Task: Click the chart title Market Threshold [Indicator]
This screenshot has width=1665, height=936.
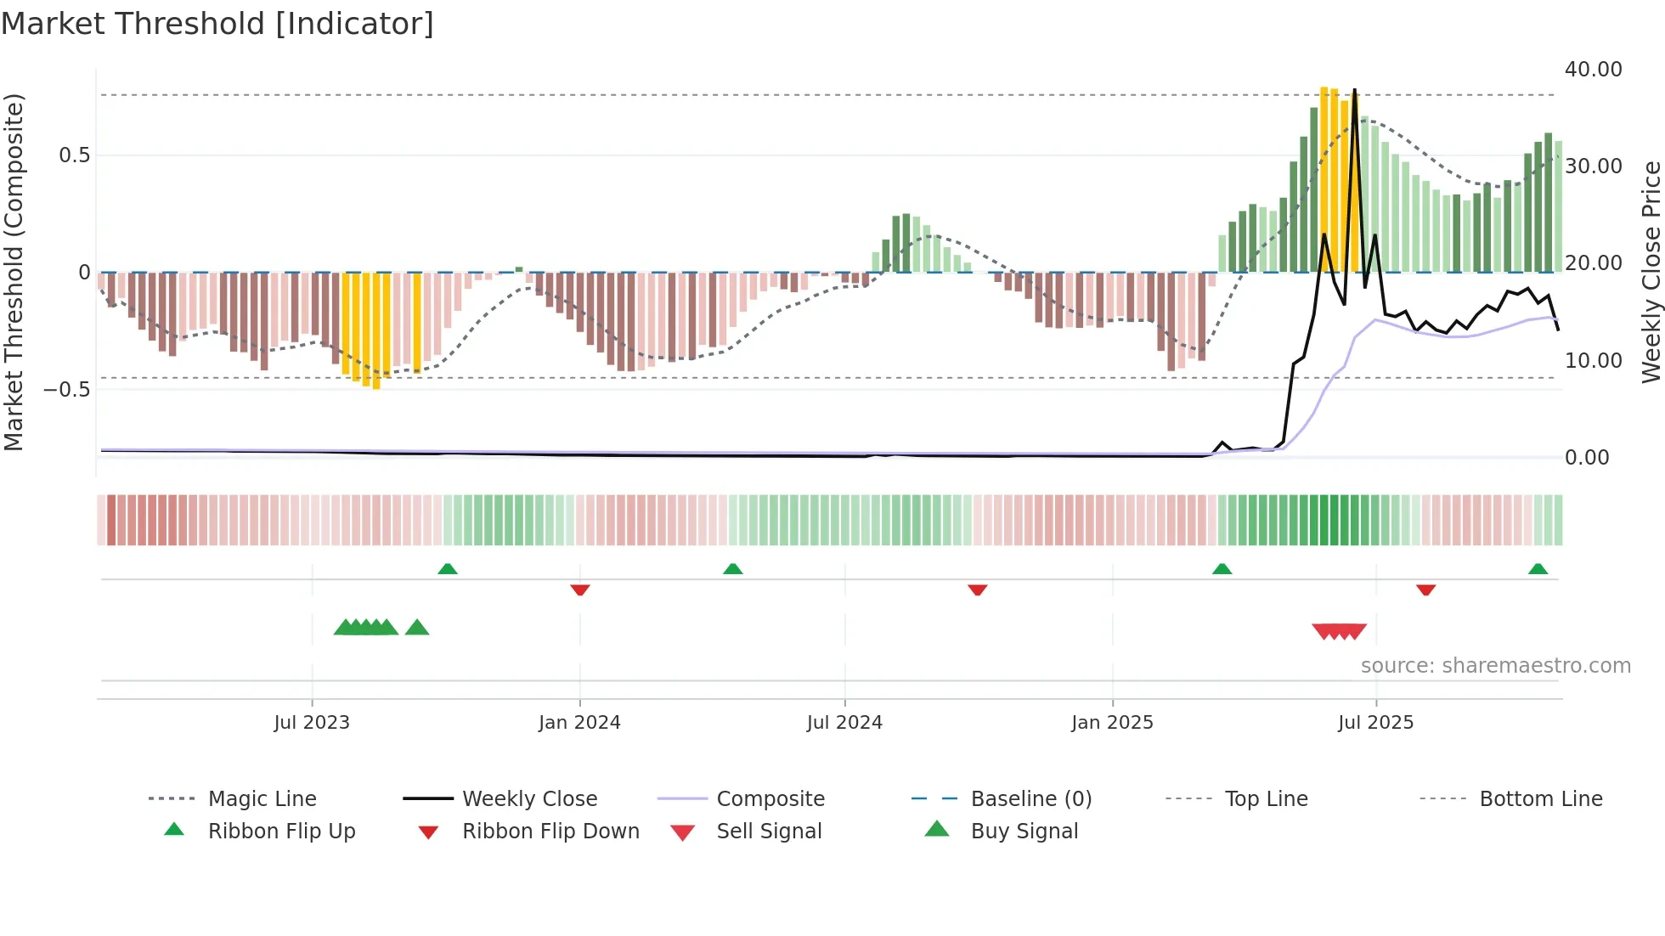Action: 217,24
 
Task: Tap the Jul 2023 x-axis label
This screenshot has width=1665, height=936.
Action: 312,723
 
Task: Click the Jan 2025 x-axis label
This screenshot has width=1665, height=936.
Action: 1112,723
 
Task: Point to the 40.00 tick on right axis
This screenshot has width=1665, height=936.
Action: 1593,70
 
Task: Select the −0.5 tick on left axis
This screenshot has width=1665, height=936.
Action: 66,390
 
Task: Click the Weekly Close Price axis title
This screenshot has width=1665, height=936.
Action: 1651,272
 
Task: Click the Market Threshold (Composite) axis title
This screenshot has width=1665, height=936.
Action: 14,272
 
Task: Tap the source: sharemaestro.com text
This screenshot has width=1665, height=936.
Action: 1495,666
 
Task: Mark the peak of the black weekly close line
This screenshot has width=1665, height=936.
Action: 1354,90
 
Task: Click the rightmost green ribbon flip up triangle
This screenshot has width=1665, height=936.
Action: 1538,569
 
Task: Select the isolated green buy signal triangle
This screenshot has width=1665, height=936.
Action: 417,628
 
